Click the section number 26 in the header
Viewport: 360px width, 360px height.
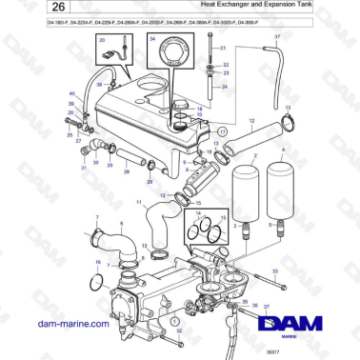point(29,8)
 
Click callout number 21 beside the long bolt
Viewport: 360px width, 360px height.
point(223,47)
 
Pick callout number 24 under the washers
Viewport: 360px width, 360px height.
point(226,86)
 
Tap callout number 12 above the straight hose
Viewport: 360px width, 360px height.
point(250,121)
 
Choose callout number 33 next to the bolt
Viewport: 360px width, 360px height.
point(274,271)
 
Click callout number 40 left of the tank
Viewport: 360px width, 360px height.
point(72,93)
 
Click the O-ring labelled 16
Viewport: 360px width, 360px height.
point(93,283)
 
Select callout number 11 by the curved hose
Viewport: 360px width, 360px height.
point(138,203)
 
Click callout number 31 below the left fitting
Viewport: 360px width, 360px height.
point(83,169)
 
